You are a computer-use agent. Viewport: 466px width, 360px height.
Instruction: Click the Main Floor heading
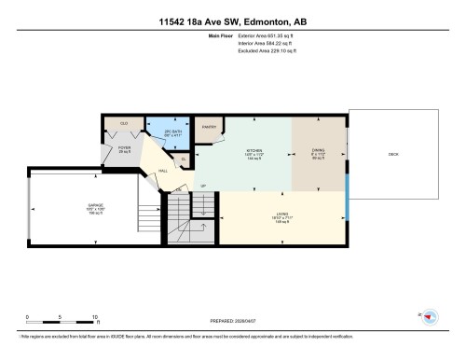pyautogui.click(x=219, y=36)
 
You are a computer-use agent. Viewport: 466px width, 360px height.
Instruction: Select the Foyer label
pyautogui.click(x=124, y=149)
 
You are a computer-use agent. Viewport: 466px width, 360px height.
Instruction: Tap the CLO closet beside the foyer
pyautogui.click(x=124, y=123)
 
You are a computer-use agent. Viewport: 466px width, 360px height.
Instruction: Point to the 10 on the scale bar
pyautogui.click(x=96, y=317)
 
